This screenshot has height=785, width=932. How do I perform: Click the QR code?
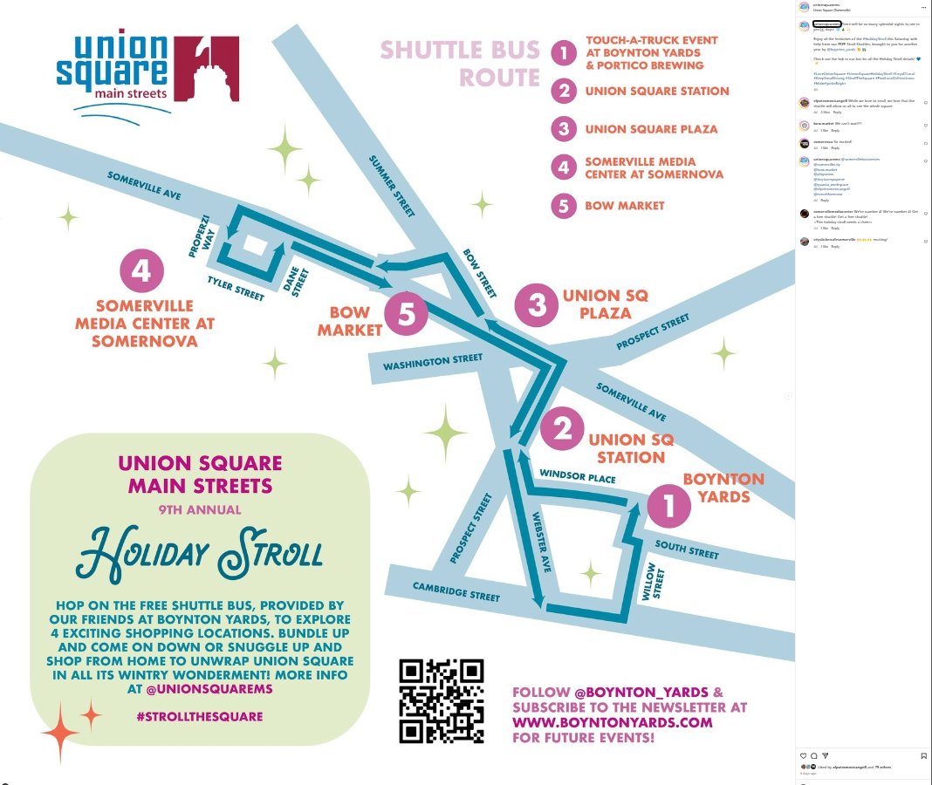pos(442,701)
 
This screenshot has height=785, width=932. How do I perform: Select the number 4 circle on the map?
pos(141,271)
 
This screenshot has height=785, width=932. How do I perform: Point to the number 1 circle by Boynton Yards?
pos(669,507)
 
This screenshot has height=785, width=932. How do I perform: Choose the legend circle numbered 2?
pos(565,91)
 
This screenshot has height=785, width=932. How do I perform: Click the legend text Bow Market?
pos(625,206)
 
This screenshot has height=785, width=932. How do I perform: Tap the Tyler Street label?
pos(236,289)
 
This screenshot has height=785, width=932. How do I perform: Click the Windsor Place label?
pos(578,478)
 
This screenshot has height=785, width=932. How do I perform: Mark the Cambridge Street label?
pos(456,591)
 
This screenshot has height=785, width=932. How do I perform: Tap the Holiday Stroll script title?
pos(200,555)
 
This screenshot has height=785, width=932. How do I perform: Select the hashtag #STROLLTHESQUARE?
pos(200,717)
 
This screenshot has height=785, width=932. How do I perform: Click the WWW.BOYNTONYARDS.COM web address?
pos(613,722)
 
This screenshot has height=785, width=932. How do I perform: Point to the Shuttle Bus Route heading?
pos(460,63)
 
